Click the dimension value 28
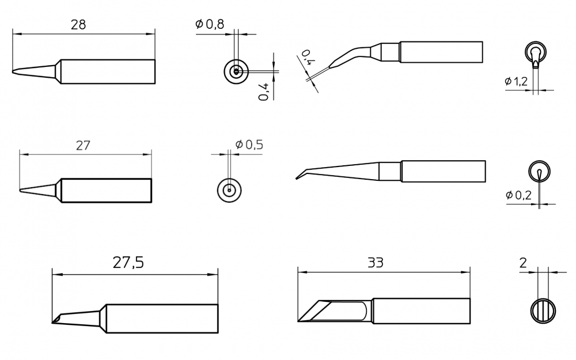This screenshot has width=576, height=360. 78,25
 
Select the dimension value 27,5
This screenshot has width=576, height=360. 128,263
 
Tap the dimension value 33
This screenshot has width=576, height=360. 376,262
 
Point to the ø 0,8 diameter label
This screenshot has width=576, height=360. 210,24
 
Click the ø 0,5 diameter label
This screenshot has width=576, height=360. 249,145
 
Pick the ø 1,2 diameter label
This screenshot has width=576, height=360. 516,81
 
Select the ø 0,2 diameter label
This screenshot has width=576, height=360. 518,195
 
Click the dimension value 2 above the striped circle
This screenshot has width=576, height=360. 523,263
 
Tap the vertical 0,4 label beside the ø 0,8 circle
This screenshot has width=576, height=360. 264,92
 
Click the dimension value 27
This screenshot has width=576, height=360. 82,146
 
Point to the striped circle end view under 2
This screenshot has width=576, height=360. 543,311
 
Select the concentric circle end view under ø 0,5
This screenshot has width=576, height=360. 229,190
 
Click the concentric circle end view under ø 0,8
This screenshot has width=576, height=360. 236,71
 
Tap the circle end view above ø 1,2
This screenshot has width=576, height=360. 536,52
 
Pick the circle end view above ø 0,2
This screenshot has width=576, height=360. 539,171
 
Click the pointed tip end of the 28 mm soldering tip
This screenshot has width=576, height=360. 13,71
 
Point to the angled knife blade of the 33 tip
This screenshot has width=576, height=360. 314,311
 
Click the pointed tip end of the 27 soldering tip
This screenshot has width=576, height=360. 20,190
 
